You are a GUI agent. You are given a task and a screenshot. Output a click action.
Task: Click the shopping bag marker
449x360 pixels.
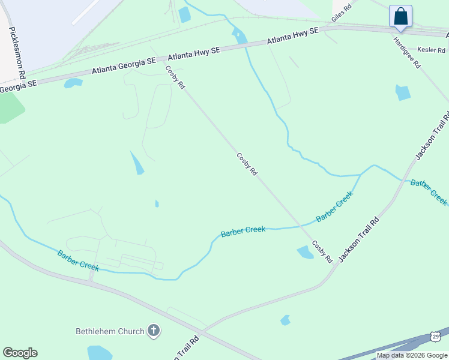coord(400,17)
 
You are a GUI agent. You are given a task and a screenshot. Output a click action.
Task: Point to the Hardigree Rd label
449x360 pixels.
coord(406,52)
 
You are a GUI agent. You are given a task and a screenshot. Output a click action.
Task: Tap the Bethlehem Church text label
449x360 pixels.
coord(110,331)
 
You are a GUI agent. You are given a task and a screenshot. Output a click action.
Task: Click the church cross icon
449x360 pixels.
coord(154,331)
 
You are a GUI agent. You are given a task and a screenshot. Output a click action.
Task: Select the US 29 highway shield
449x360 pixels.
coord(436,337)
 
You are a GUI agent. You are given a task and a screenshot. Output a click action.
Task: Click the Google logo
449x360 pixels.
coord(20,353)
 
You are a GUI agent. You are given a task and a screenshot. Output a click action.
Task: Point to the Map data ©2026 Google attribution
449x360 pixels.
coord(412,355)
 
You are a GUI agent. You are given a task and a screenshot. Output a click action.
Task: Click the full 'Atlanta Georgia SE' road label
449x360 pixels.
coord(124,65)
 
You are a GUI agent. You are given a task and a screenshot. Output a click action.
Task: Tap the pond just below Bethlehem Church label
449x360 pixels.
coord(100,352)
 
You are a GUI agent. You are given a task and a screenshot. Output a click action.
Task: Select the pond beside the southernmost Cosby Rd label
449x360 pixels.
coord(305,253)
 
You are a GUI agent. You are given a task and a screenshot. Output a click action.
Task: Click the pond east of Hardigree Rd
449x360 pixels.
coord(403,92)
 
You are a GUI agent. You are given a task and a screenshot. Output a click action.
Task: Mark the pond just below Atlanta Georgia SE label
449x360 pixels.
coord(73,83)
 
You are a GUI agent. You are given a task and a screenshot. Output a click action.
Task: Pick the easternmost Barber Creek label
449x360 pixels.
coord(429,192)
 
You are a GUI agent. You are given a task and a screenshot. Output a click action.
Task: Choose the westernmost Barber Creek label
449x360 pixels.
coord(78,261)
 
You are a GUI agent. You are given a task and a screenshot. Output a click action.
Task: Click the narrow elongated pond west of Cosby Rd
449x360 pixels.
coord(137,162)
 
